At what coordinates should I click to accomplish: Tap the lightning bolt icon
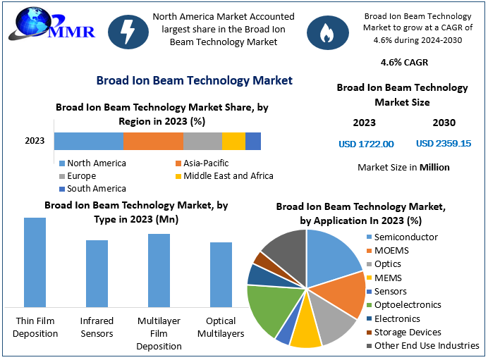(129, 31)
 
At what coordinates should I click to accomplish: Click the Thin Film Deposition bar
(35, 262)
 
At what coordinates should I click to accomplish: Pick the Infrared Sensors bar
(97, 273)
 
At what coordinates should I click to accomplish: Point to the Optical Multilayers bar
(221, 275)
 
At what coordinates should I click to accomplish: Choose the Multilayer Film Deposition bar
(159, 271)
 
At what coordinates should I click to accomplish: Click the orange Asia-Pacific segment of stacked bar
(153, 141)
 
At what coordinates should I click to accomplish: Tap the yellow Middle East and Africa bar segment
(233, 141)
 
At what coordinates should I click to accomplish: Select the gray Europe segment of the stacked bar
(202, 141)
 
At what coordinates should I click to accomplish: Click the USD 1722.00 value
(366, 144)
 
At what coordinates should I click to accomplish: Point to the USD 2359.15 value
(444, 144)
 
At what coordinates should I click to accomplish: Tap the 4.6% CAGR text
(404, 62)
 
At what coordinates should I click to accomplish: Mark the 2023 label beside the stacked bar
(35, 141)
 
